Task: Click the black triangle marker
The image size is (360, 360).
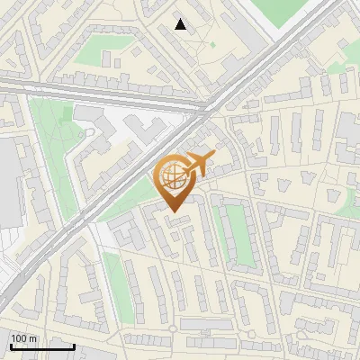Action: point(181,24)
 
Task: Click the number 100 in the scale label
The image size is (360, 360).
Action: point(19,338)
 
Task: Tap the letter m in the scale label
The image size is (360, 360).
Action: point(33,338)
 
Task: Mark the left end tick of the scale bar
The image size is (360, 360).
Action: point(11,346)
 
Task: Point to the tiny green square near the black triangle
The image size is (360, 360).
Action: point(213,45)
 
